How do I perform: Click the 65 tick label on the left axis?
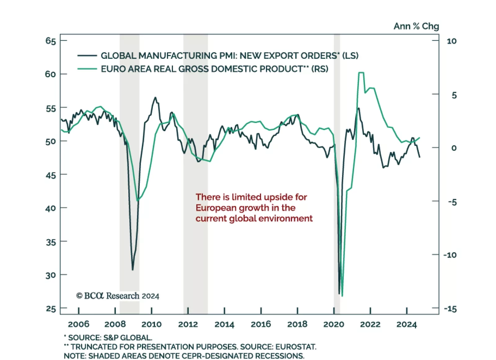tap(51, 41)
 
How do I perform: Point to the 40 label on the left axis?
tap(51, 208)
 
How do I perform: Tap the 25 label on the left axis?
tap(51, 309)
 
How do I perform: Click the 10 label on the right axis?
tap(452, 41)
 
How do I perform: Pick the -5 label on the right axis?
tap(452, 202)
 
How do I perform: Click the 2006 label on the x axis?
tap(78, 324)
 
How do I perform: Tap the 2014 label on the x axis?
tap(224, 324)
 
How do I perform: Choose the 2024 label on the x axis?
tap(406, 324)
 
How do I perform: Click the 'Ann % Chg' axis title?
tap(416, 26)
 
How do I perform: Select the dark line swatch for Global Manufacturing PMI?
tap(87, 56)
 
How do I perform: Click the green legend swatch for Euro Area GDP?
tap(87, 69)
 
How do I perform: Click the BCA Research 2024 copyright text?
tap(117, 296)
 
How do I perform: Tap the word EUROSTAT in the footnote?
tap(295, 347)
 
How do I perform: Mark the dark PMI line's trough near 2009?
tap(133, 269)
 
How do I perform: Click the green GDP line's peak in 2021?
tap(361, 73)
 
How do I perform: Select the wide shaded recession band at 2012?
tap(195, 174)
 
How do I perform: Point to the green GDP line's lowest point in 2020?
tap(342, 296)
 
